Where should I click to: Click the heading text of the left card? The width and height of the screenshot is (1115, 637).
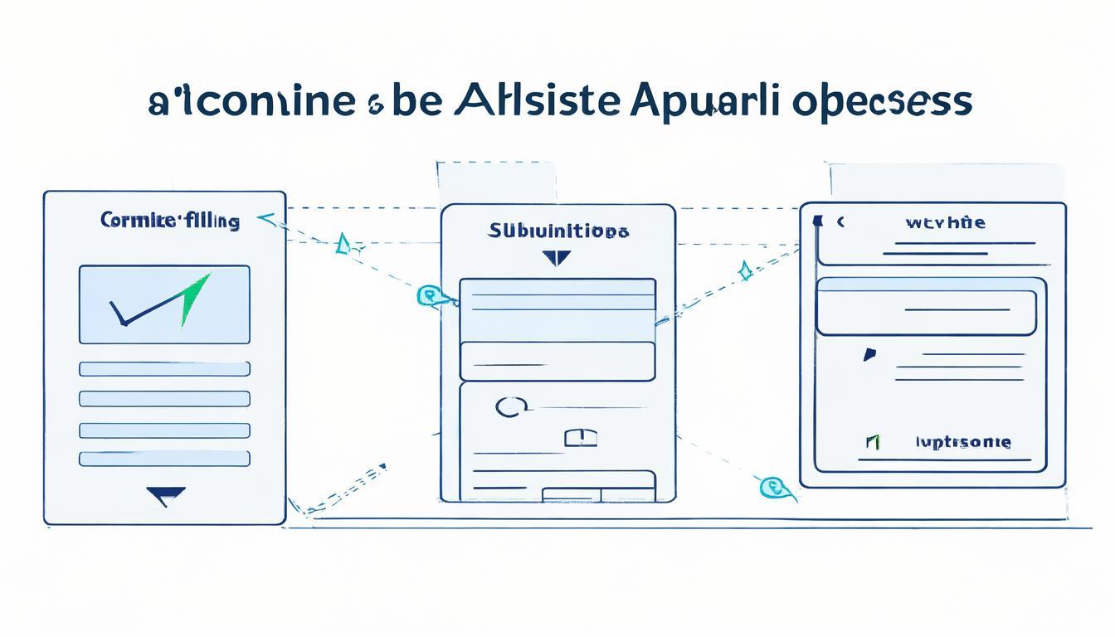pyautogui.click(x=169, y=221)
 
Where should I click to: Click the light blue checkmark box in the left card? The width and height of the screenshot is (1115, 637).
pyautogui.click(x=164, y=304)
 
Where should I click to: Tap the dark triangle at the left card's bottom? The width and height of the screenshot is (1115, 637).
pyautogui.click(x=165, y=496)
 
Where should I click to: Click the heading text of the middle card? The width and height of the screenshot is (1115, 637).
pyautogui.click(x=557, y=231)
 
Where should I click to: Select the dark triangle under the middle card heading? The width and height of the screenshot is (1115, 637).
pyautogui.click(x=557, y=258)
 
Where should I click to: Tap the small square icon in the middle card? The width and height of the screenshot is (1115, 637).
pyautogui.click(x=581, y=437)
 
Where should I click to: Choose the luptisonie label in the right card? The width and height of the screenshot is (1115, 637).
pyautogui.click(x=962, y=442)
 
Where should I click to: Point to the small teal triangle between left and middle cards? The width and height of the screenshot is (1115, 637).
pyautogui.click(x=342, y=244)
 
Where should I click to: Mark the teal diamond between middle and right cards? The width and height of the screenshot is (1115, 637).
pyautogui.click(x=745, y=270)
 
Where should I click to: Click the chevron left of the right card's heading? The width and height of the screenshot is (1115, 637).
pyautogui.click(x=840, y=222)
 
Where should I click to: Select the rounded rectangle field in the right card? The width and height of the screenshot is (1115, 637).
pyautogui.click(x=926, y=313)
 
